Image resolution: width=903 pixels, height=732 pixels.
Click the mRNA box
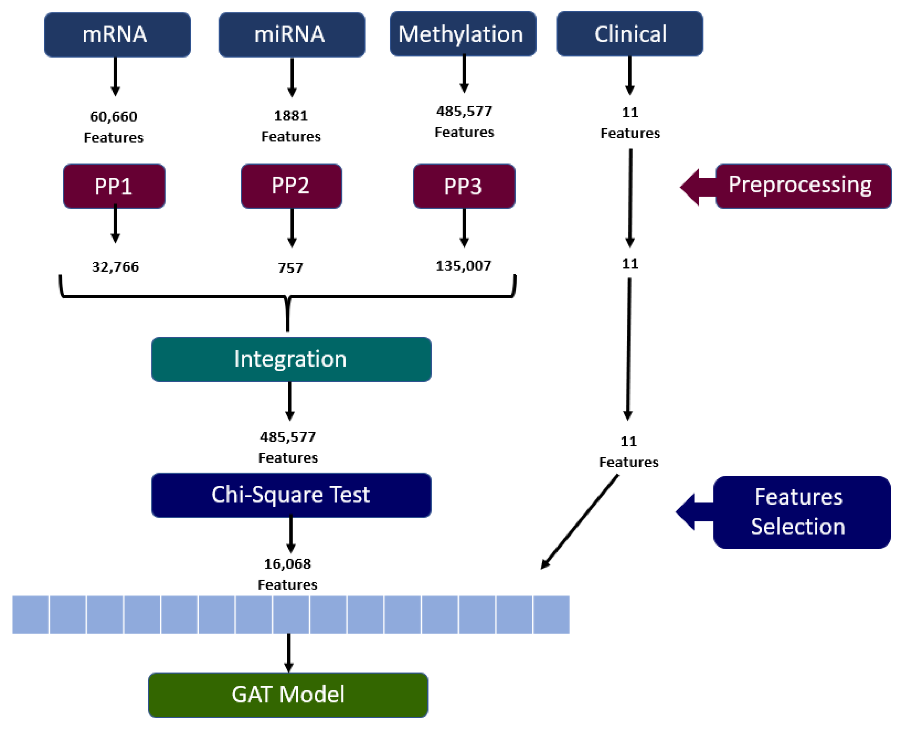[117, 35]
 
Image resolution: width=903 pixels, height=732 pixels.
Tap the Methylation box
[463, 34]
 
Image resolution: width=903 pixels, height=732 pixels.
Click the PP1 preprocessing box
[114, 186]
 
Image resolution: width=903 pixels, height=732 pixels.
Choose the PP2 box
[291, 186]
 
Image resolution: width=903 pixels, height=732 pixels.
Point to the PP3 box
[463, 186]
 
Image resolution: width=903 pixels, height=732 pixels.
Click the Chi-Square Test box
[291, 495]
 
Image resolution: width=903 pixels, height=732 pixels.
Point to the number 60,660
[114, 116]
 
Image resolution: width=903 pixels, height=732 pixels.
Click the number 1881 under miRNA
[291, 116]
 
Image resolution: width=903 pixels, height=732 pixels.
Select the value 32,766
[115, 267]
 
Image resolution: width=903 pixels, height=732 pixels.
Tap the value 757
[290, 268]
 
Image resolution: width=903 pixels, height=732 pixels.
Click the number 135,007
[463, 266]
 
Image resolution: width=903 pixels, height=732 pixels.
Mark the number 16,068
[287, 563]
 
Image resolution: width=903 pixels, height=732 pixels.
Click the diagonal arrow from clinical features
[580, 522]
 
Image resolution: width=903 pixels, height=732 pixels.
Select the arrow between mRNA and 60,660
[115, 76]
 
